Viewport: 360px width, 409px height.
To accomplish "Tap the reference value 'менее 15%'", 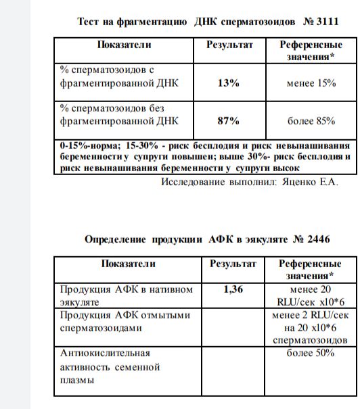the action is pos(311,83).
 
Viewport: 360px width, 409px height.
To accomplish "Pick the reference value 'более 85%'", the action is pos(311,121).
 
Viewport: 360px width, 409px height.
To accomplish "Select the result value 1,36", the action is pos(233,289).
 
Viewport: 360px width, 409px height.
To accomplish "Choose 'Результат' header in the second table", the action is pos(233,264).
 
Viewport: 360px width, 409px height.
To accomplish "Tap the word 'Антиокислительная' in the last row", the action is pos(105,353).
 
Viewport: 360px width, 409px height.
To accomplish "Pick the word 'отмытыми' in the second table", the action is pos(168,315).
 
